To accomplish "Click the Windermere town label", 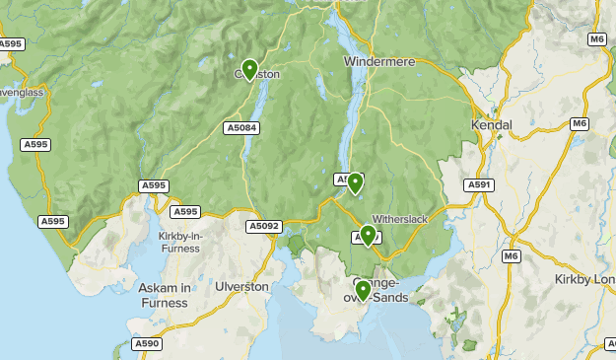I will pos(379,61).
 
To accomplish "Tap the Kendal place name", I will pos(493,125).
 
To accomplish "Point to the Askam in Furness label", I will pos(164,295).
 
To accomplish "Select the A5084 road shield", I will pos(241,127).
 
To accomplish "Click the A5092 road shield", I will pos(264,226).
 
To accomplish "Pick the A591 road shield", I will pos(480,184).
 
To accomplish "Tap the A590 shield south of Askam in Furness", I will pos(147,343).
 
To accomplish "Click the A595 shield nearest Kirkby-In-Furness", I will pos(184,211).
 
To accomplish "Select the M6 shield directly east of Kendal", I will pos(580,123).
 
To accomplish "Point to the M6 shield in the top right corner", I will pos(596,38).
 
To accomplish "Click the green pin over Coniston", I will pos(249,69).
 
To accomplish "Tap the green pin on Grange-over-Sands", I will pos(363,290).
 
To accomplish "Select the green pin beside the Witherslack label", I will pos(368,234).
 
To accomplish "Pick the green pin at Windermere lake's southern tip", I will pos(355,182).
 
